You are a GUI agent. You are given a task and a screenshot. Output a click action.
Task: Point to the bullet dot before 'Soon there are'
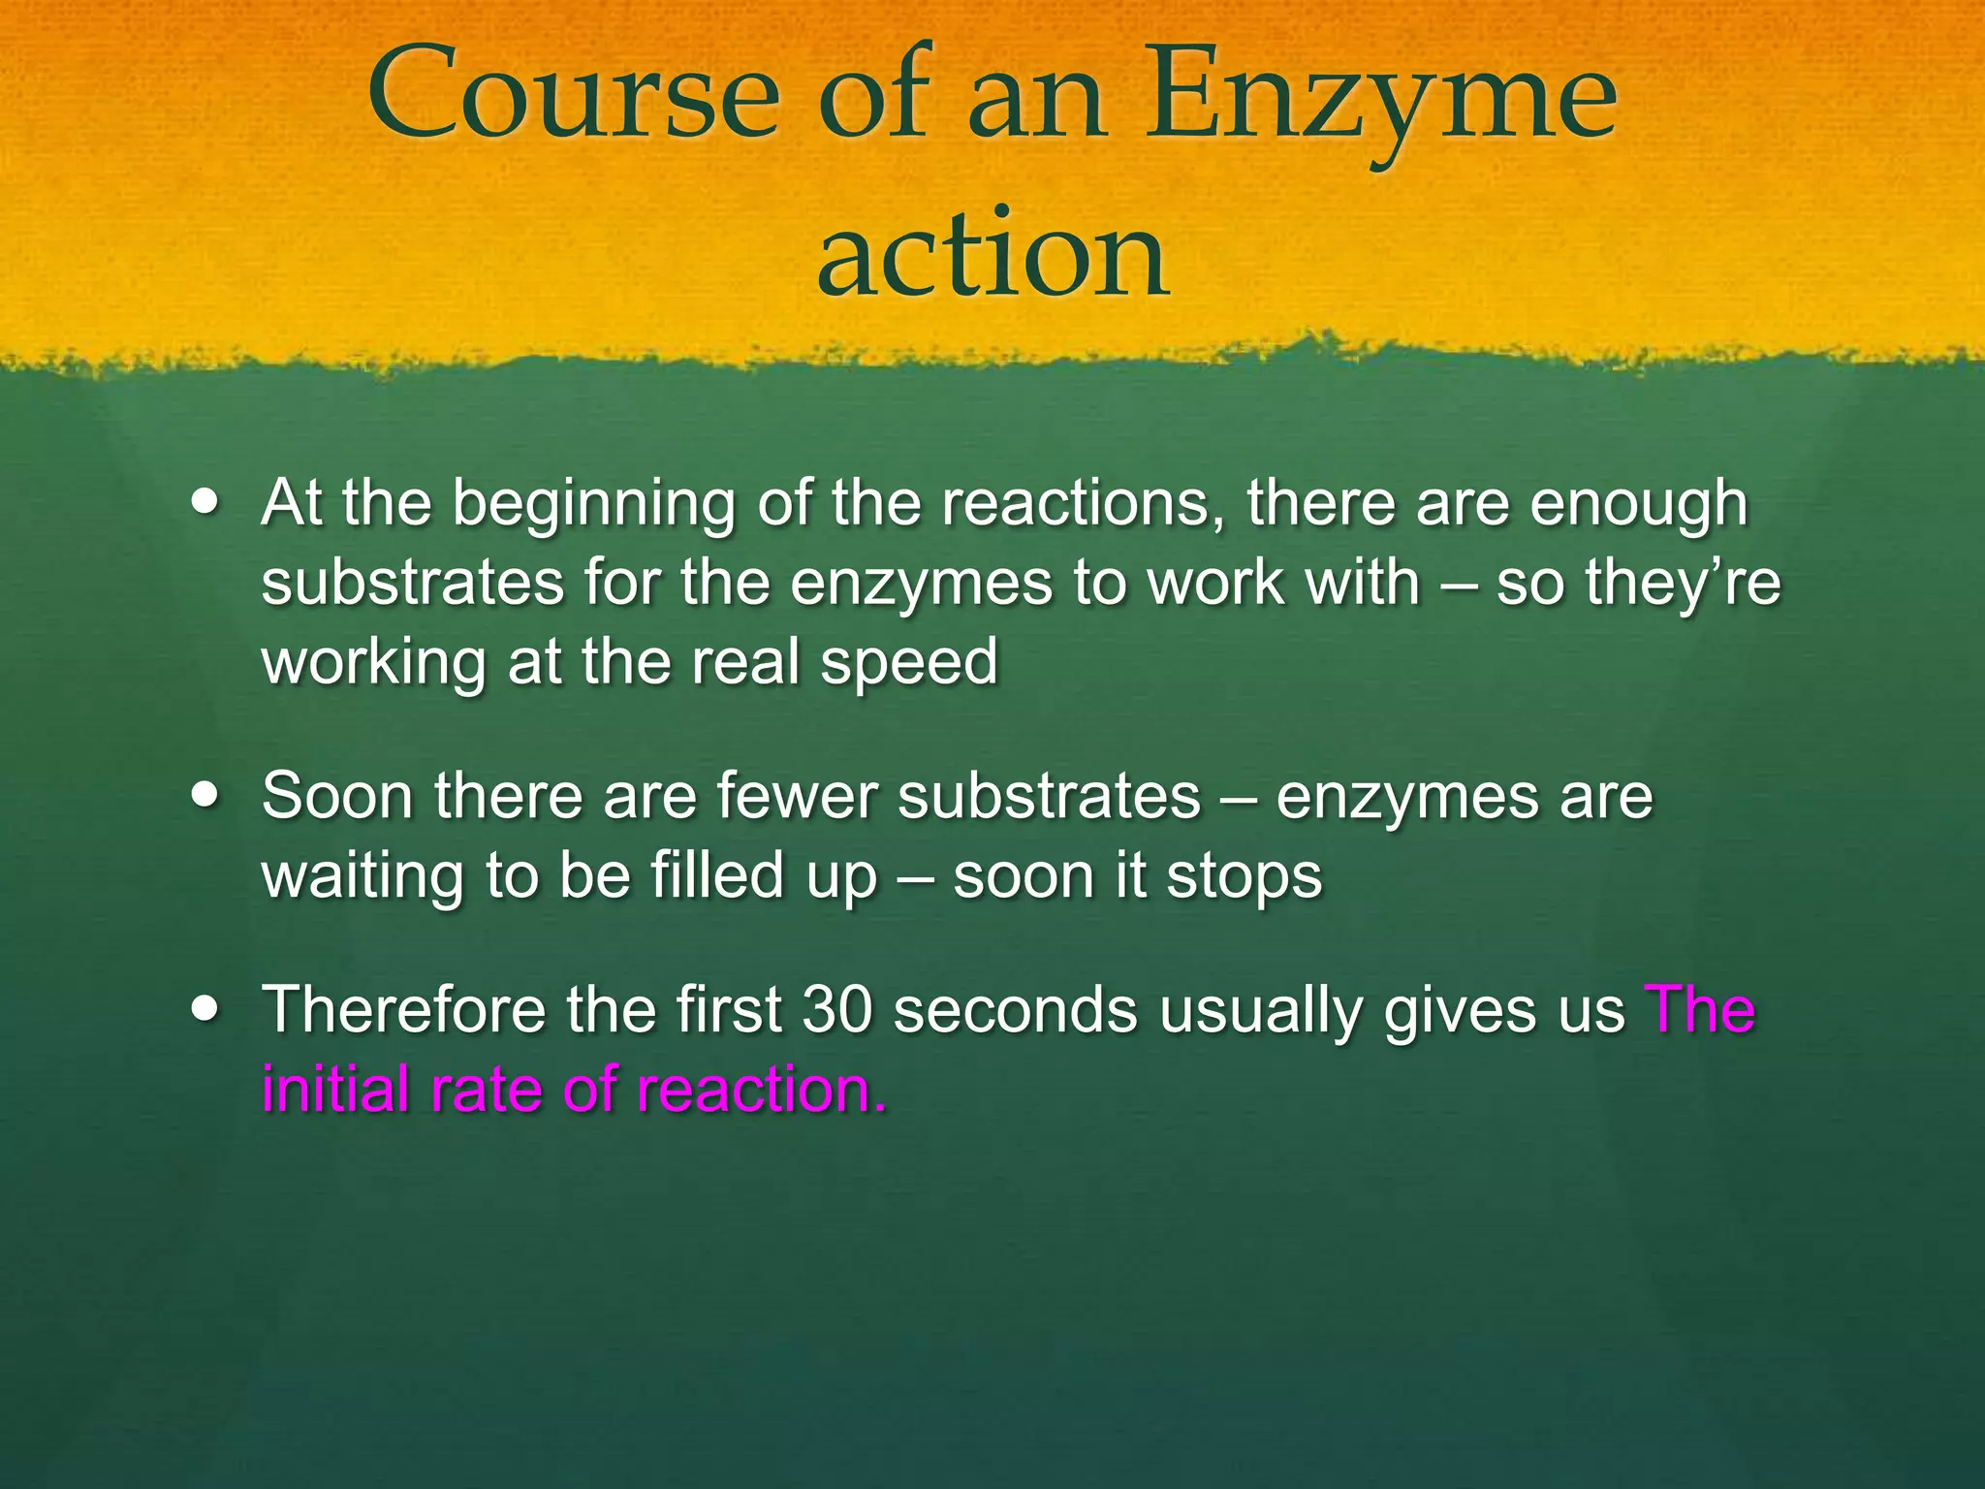(205, 796)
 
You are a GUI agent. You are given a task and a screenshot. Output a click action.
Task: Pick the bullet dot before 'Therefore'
(205, 1009)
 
